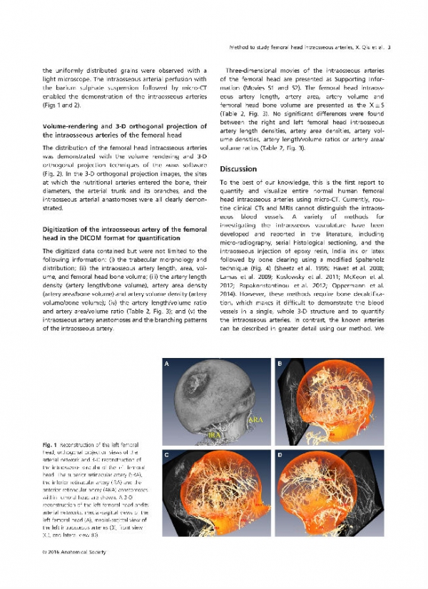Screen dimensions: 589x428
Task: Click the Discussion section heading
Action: pos(240,169)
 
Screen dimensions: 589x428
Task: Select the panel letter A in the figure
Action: pos(167,364)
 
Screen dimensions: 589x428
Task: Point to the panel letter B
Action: pos(279,364)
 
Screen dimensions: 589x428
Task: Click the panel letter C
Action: pos(167,454)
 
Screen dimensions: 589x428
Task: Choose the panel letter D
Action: pos(279,454)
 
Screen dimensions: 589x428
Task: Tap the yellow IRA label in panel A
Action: pos(213,434)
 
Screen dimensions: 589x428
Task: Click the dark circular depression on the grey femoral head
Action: pos(195,384)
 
